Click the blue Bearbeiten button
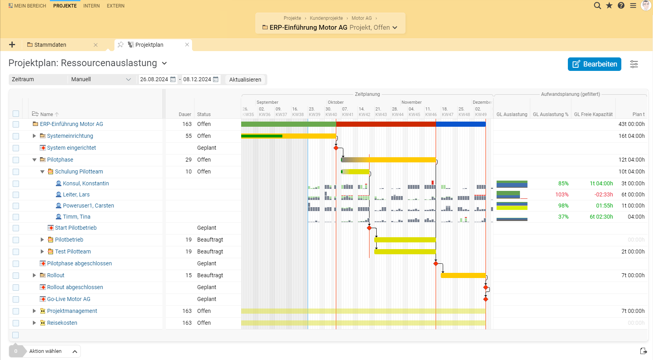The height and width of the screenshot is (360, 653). click(x=594, y=64)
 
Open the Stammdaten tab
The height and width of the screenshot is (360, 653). click(x=50, y=45)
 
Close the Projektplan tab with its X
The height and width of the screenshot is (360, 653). click(x=187, y=45)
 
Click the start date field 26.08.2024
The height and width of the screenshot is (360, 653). click(x=154, y=79)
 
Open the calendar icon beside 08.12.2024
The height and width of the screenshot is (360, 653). click(x=216, y=79)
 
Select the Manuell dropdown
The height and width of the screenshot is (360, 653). click(x=101, y=79)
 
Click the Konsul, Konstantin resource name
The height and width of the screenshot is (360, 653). click(x=86, y=183)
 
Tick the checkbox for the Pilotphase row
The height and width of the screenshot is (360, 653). click(x=16, y=160)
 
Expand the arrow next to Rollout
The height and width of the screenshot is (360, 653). click(x=34, y=275)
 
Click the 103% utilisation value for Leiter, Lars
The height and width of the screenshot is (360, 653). click(x=562, y=194)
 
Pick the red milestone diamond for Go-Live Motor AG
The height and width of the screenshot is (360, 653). click(x=485, y=299)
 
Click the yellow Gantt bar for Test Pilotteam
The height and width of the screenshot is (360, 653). click(x=405, y=251)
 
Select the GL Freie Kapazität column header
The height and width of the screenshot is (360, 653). click(x=593, y=114)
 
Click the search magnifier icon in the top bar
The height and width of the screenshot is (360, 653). click(x=597, y=6)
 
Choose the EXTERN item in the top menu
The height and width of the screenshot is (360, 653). click(x=115, y=6)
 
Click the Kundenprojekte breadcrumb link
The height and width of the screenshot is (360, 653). click(x=326, y=18)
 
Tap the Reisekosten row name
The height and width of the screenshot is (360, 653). click(x=62, y=323)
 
